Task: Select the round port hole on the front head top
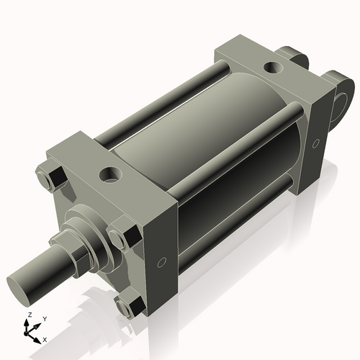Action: [x=113, y=174]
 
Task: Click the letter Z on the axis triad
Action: [x=28, y=315]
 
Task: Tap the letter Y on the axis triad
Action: [x=45, y=318]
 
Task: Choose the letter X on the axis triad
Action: [x=45, y=338]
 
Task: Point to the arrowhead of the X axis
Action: [x=38, y=336]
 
